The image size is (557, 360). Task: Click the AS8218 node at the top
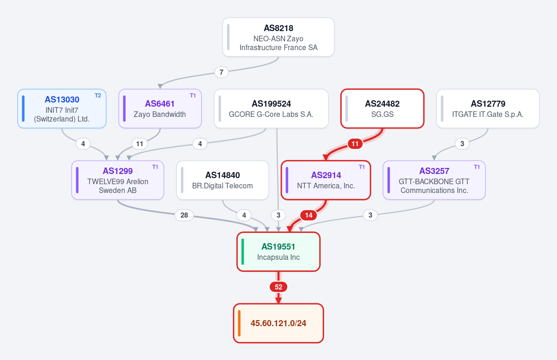(278, 37)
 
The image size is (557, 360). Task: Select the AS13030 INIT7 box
(62, 109)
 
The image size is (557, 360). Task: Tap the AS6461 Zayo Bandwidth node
(160, 109)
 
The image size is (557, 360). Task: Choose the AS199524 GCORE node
(271, 109)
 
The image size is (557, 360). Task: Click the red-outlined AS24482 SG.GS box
(382, 109)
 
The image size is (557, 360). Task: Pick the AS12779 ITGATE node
(488, 109)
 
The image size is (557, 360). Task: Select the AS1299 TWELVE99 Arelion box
(117, 180)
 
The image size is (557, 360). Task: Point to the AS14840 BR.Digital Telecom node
(222, 180)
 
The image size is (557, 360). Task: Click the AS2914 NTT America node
(326, 180)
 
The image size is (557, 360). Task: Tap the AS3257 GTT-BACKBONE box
(434, 180)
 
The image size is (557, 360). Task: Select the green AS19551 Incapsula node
(278, 252)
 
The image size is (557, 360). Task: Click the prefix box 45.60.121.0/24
(278, 323)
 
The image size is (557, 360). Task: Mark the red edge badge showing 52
(278, 287)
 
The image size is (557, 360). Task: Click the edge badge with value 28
(184, 215)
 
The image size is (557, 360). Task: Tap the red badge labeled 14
(309, 215)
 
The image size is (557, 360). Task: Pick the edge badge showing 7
(221, 72)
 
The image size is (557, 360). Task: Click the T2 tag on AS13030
(98, 96)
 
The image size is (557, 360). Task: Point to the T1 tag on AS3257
(477, 167)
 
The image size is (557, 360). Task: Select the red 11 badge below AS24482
(355, 144)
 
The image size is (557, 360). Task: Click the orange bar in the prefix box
(239, 323)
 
